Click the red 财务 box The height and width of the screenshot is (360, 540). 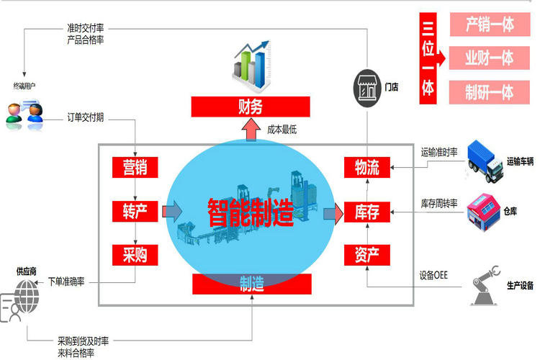click(x=251, y=107)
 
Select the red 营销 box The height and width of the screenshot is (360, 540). click(x=135, y=168)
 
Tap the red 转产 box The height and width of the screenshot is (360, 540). click(x=135, y=211)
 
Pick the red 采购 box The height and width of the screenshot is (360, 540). click(x=135, y=255)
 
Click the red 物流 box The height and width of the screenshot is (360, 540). click(x=367, y=168)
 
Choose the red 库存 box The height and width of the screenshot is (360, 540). click(x=367, y=212)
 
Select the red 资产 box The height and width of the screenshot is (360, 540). click(x=367, y=255)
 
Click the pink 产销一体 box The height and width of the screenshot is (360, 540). click(x=490, y=24)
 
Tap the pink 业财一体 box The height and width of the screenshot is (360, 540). click(x=490, y=58)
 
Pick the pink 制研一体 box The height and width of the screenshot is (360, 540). click(x=490, y=92)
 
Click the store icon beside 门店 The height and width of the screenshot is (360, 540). click(x=367, y=88)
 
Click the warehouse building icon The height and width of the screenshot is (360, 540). click(x=484, y=212)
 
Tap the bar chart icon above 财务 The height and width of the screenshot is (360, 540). click(x=251, y=66)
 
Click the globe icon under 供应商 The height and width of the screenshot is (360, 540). click(x=27, y=296)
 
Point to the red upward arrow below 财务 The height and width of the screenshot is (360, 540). click(x=251, y=130)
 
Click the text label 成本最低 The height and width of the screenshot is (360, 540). click(x=282, y=130)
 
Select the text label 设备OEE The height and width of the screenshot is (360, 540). click(x=433, y=275)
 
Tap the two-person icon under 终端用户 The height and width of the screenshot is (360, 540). click(x=24, y=113)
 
